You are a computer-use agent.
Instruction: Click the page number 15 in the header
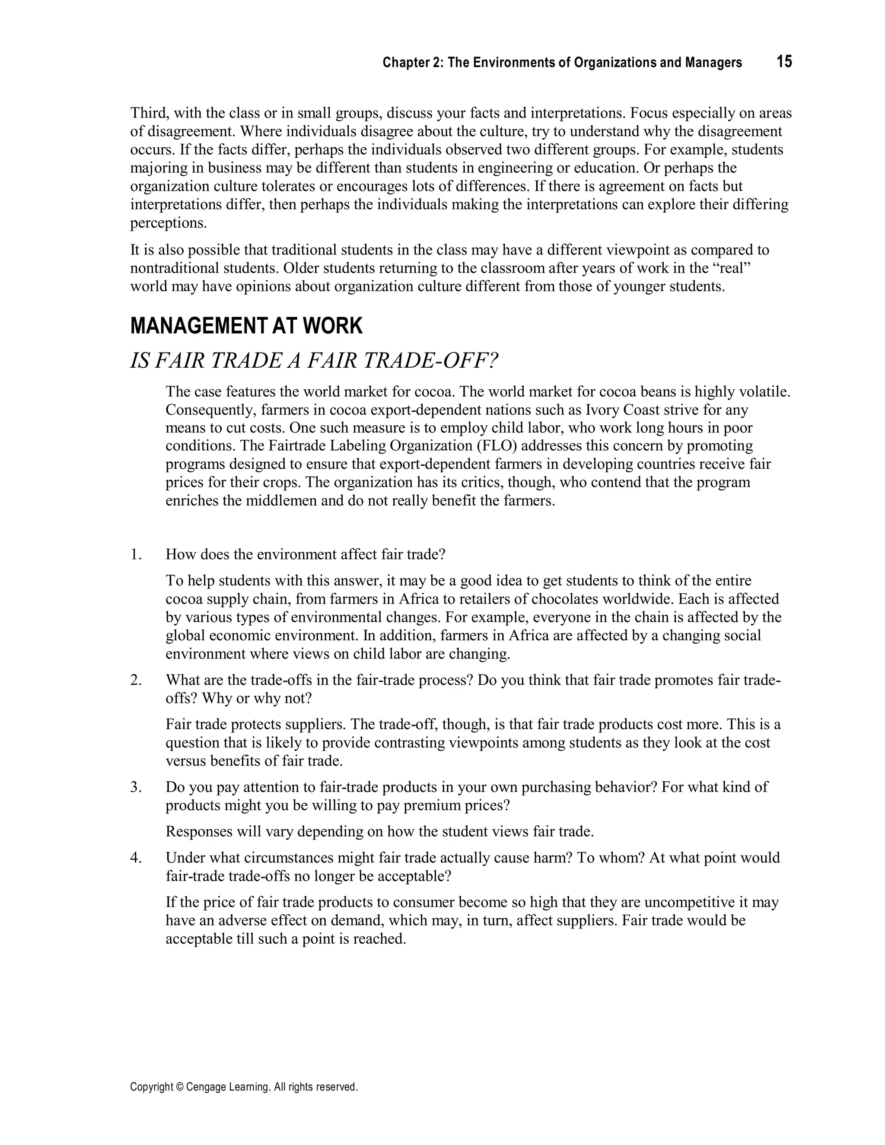[x=784, y=62]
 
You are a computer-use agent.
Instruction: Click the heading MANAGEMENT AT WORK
[x=246, y=326]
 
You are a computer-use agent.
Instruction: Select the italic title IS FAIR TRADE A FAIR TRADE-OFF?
[x=314, y=361]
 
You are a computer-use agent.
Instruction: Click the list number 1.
[x=136, y=554]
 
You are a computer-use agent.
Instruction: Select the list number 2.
[x=136, y=680]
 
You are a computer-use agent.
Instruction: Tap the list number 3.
[x=136, y=787]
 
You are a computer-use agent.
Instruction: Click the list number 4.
[x=136, y=858]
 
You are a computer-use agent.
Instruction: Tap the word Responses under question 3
[x=199, y=831]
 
